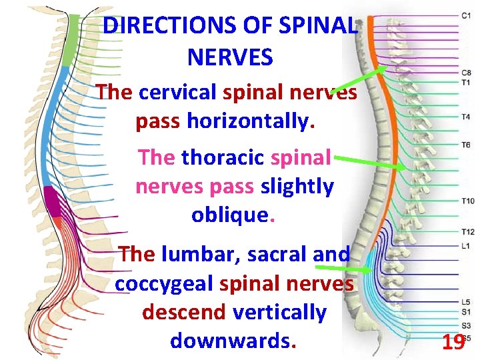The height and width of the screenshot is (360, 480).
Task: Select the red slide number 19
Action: click(453, 343)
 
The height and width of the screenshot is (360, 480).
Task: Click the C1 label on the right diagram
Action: click(467, 15)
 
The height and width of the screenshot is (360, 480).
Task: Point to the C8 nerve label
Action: click(467, 73)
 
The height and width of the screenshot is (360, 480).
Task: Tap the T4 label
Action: click(466, 117)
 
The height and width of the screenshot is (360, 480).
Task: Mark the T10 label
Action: click(467, 201)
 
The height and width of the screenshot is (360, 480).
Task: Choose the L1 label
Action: click(465, 246)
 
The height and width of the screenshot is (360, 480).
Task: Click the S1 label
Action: click(465, 311)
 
